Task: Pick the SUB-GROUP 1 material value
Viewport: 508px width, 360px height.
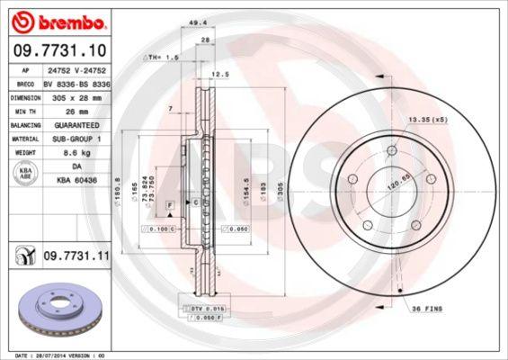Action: click(76, 139)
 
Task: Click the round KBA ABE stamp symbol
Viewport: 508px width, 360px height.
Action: click(24, 175)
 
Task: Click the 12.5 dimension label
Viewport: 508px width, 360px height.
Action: click(218, 76)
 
